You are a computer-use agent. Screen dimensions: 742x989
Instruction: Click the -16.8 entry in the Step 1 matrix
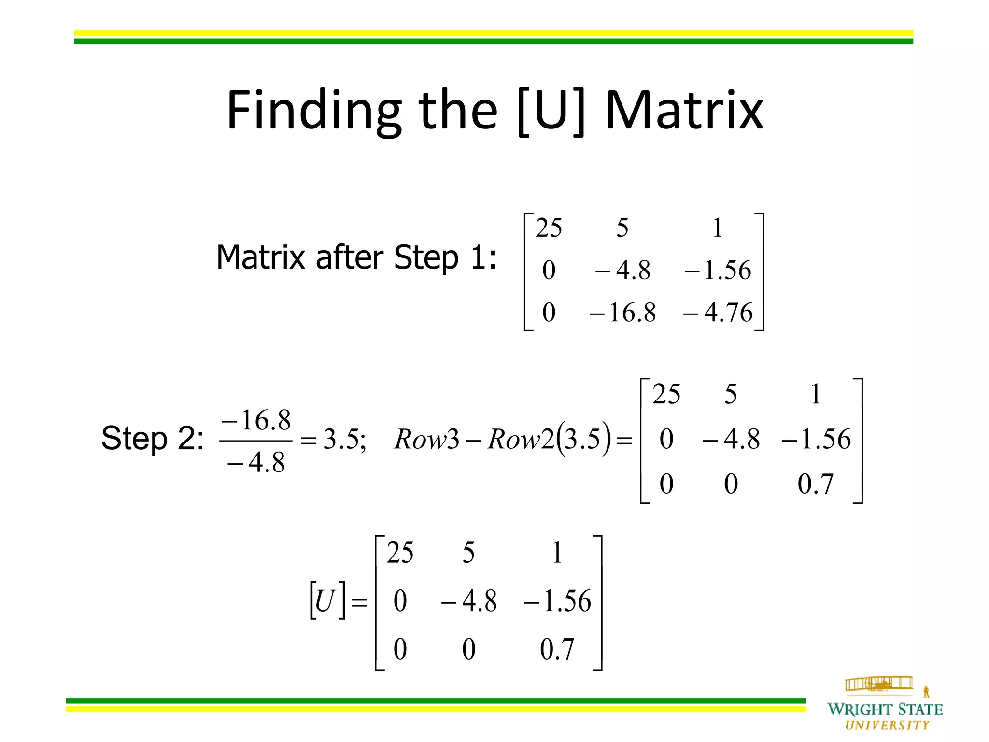[623, 313]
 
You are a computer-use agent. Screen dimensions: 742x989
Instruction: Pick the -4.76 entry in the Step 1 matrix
[718, 313]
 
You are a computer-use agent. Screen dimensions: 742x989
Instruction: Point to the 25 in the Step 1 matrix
[549, 228]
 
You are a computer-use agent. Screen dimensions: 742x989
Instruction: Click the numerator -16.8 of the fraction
[256, 420]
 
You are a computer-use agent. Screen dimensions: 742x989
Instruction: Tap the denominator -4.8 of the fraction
[256, 463]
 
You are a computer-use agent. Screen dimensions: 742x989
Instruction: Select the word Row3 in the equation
[426, 440]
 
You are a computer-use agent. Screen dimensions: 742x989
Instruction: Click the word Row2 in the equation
[521, 440]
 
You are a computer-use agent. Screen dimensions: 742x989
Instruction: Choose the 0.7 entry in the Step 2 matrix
[816, 484]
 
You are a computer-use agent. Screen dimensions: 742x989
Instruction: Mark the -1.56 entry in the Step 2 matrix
[816, 439]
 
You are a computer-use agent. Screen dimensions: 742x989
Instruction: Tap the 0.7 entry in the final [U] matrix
[557, 649]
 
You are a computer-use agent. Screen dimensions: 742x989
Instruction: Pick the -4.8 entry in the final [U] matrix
[468, 601]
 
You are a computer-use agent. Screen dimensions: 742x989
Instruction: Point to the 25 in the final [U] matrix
[400, 553]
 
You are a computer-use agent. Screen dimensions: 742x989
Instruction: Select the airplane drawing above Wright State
[879, 684]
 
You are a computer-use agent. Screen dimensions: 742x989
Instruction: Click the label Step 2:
[152, 439]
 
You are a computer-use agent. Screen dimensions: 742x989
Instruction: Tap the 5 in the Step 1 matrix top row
[622, 228]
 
